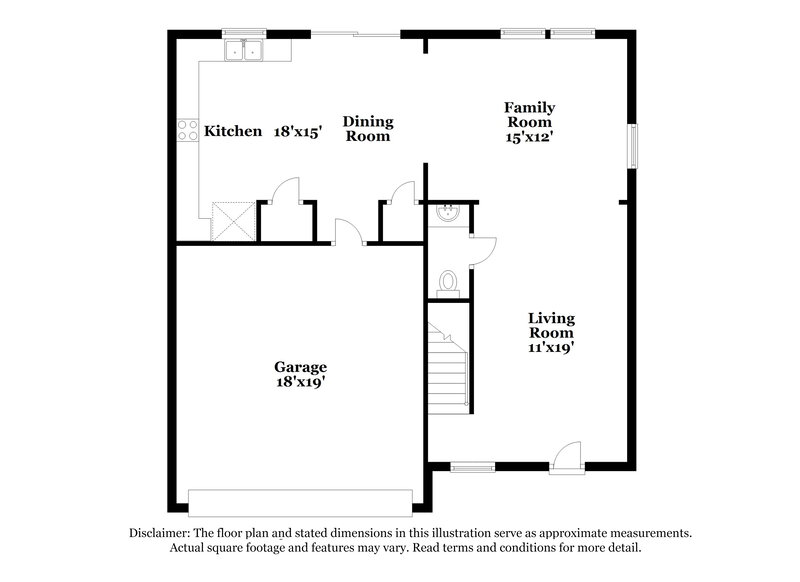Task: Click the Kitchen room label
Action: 233,131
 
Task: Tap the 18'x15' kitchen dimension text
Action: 298,131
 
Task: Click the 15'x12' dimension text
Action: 529,139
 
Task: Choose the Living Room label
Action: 551,325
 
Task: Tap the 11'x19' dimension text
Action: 551,349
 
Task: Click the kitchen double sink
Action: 243,51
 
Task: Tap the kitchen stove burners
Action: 187,130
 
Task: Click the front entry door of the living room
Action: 568,455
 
